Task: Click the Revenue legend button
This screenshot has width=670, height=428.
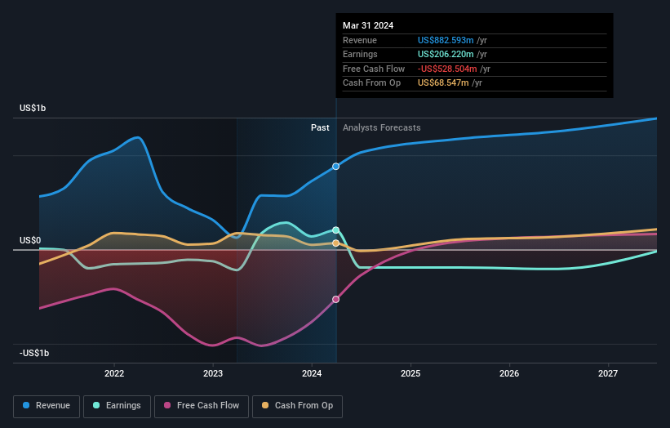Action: point(47,405)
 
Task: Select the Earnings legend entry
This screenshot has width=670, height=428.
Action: point(118,405)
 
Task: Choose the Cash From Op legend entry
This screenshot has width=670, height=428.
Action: point(298,405)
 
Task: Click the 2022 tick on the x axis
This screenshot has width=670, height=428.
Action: point(114,373)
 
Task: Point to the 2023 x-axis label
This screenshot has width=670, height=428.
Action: point(213,373)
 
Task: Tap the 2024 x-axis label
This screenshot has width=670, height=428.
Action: point(312,373)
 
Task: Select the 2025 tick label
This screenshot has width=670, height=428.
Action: point(410,373)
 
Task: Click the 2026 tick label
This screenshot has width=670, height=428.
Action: point(509,373)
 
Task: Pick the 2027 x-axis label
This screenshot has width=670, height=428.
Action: point(608,373)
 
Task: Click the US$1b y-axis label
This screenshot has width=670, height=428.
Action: point(33,109)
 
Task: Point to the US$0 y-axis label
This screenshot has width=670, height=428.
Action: point(31,241)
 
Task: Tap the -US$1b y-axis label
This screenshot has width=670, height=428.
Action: point(35,354)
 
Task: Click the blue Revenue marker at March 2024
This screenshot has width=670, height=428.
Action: point(335,167)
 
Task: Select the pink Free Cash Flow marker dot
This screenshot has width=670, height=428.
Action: point(335,300)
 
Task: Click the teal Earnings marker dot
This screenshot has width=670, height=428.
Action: point(335,230)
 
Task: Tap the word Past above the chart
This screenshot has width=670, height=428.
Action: point(320,127)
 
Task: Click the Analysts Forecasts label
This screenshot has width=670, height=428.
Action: point(382,127)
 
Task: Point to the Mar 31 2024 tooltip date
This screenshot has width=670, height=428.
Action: point(368,25)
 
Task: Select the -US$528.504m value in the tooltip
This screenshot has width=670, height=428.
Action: point(449,69)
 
